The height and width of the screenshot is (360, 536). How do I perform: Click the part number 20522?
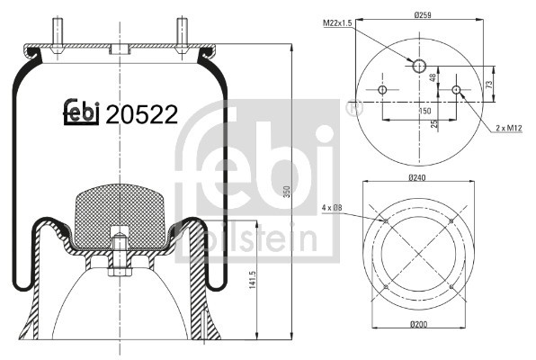click(x=142, y=114)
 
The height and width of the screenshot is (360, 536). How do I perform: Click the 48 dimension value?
click(x=433, y=77)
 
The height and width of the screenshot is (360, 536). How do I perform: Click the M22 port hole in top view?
click(x=420, y=66)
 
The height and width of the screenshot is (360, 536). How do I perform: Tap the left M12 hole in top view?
click(x=383, y=90)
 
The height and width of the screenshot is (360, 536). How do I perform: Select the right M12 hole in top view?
click(x=457, y=90)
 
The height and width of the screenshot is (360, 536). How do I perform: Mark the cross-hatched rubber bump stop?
click(x=120, y=216)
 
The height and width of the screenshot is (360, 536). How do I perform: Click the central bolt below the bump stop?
click(x=120, y=256)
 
